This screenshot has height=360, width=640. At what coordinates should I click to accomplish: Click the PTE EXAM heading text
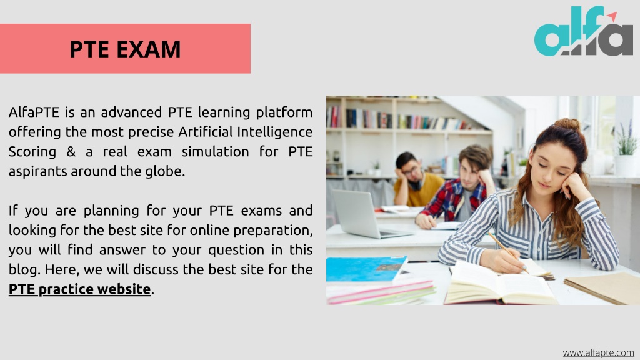[125, 49]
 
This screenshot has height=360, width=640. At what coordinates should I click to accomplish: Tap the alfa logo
[584, 31]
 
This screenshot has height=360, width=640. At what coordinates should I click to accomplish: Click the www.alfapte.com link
[598, 352]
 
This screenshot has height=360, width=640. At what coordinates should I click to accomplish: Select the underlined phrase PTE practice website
[79, 289]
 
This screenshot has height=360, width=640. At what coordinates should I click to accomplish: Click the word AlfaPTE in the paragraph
[34, 112]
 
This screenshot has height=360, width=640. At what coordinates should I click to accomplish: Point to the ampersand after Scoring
[71, 151]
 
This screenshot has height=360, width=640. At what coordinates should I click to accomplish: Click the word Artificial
[205, 131]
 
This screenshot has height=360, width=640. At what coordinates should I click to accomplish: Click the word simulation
[215, 151]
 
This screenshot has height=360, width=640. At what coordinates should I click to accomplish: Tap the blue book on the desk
[366, 269]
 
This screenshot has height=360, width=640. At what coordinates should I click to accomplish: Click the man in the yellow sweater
[416, 179]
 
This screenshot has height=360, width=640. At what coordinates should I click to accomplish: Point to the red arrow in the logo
[612, 17]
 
